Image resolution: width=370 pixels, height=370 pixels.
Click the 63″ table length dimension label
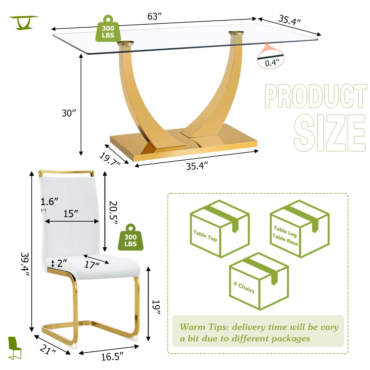(154, 16)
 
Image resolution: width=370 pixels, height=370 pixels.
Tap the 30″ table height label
(69, 113)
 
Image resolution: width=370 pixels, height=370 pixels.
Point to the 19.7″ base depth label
(110, 159)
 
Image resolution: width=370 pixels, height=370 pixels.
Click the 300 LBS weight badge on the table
(108, 28)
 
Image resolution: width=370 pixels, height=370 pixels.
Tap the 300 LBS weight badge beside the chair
(130, 237)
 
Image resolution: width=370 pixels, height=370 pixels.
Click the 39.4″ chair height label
(25, 265)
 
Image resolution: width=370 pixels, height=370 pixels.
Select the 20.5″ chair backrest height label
(113, 213)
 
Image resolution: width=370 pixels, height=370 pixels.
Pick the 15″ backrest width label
(71, 213)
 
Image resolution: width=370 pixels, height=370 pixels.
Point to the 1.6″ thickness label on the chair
(49, 202)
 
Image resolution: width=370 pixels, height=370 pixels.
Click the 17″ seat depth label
(92, 265)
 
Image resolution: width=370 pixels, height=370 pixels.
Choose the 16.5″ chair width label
(112, 357)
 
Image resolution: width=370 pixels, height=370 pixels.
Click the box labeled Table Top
(220, 228)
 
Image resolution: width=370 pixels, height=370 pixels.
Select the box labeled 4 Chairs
(259, 281)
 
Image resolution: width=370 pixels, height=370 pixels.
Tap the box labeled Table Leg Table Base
(300, 228)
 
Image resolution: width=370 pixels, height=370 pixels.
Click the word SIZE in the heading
(330, 133)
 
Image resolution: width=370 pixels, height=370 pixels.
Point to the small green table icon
(24, 23)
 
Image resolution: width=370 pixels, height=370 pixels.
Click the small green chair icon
(15, 348)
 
